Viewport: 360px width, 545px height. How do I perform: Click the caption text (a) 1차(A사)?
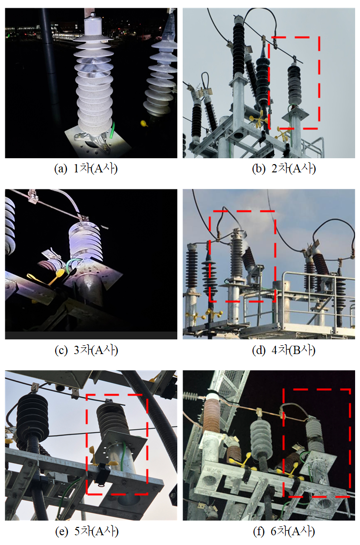[86, 168]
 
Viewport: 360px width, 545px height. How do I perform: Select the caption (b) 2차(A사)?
[284, 168]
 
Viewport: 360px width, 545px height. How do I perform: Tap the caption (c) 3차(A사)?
[86, 350]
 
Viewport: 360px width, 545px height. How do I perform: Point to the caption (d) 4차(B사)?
[284, 350]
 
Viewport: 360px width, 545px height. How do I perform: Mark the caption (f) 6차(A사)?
[284, 531]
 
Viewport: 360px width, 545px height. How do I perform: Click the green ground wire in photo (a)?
[112, 130]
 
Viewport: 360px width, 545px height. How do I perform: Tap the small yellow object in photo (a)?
[143, 123]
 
